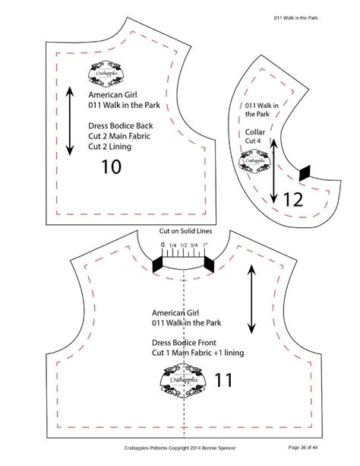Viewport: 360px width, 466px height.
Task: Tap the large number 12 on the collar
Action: pos(293,200)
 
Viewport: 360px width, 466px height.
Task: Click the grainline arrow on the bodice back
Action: pos(70,122)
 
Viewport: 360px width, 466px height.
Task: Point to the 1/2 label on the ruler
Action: pos(183,246)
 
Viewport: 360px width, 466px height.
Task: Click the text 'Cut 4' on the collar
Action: pos(256,141)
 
